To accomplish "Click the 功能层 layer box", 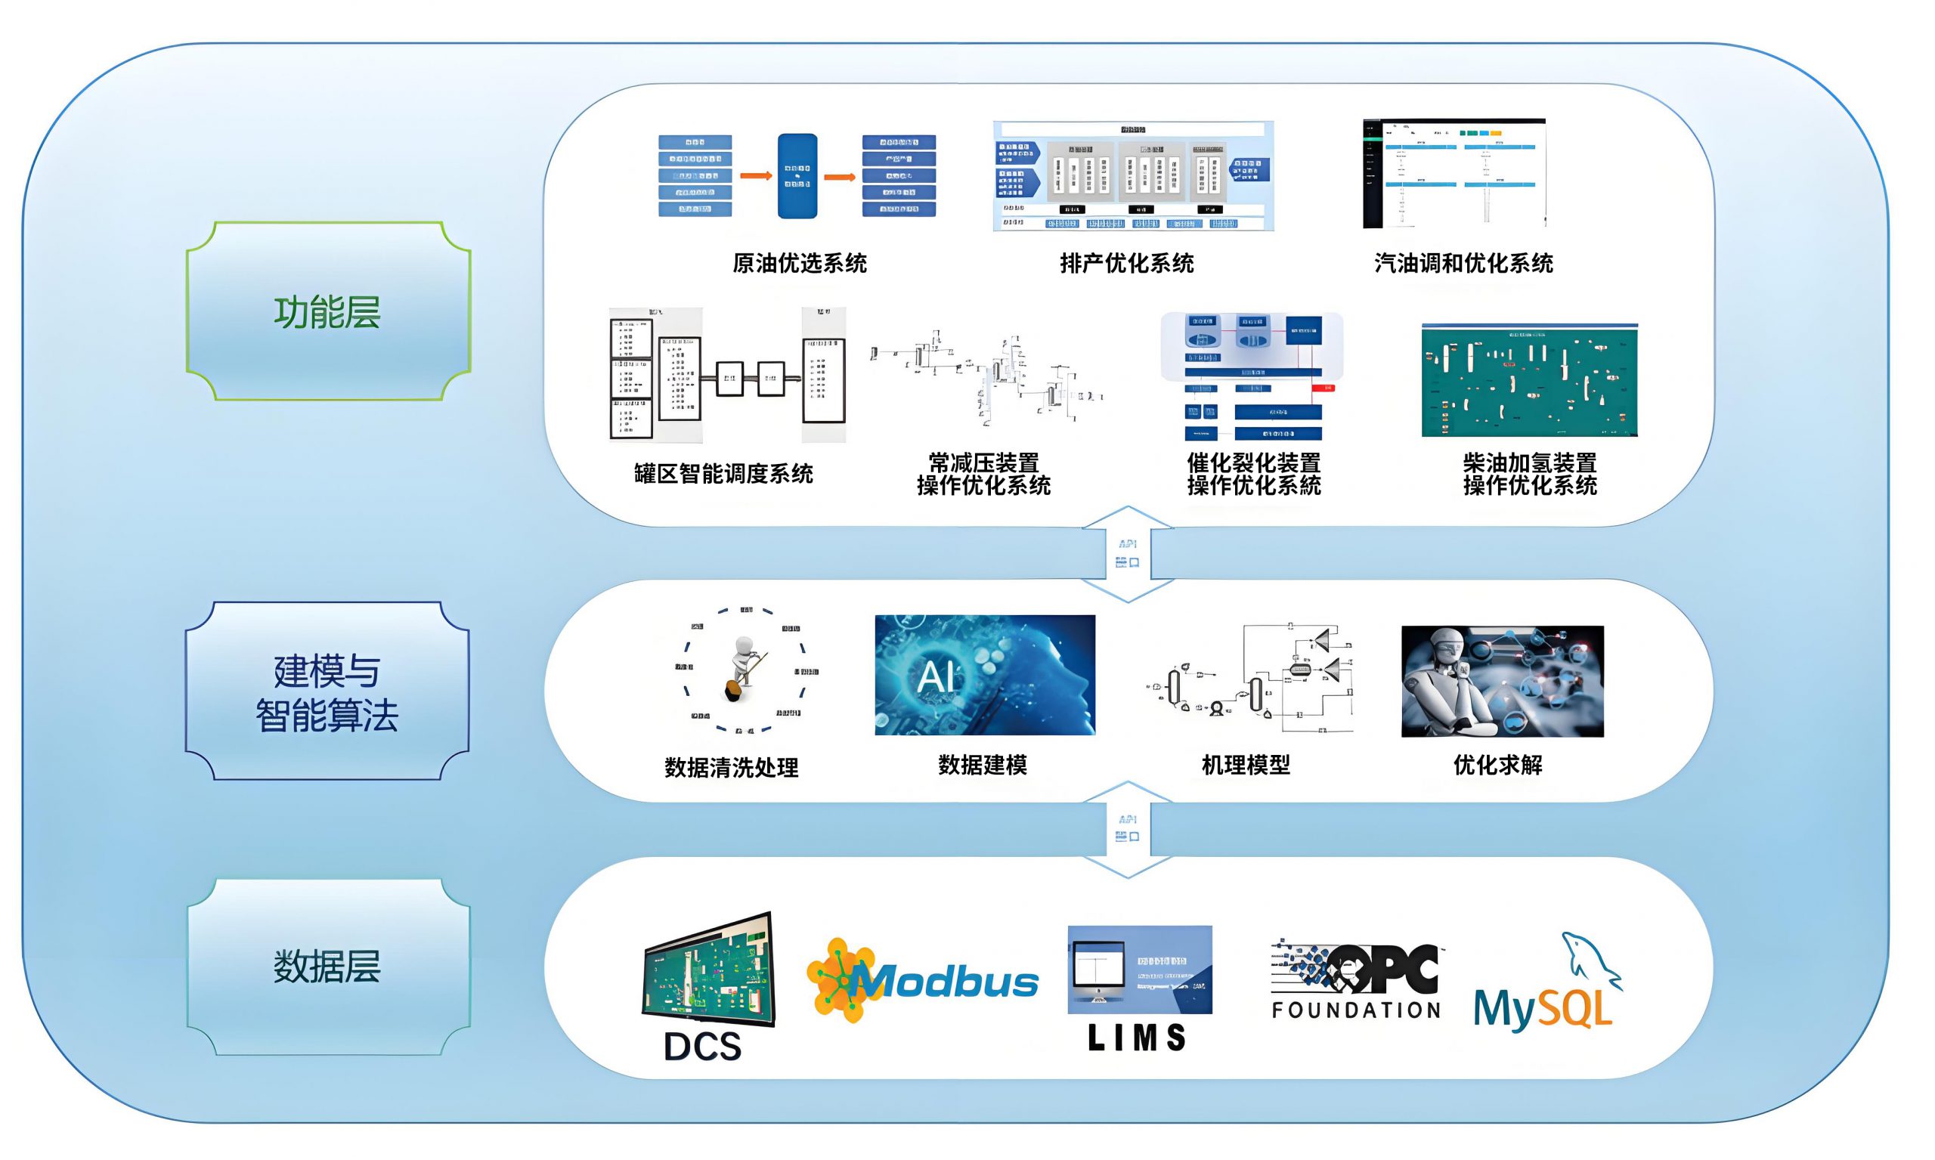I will (327, 311).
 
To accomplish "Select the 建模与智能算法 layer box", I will (327, 691).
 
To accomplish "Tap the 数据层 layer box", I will (327, 967).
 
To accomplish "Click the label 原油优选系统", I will (799, 264).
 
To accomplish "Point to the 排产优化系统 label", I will (1126, 264).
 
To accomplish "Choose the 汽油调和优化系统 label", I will (1463, 264).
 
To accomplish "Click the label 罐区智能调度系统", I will (723, 474).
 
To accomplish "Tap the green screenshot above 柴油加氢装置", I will (1529, 381).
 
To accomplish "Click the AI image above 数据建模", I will (984, 675).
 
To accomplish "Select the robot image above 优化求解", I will (1502, 681).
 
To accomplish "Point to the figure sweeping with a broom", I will (743, 668).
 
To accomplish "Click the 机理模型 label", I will (1246, 765).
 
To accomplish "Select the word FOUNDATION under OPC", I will (1356, 1010).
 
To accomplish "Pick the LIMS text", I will (1138, 1038).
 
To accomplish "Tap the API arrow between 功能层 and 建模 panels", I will (1128, 553).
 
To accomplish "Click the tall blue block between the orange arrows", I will (797, 176).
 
